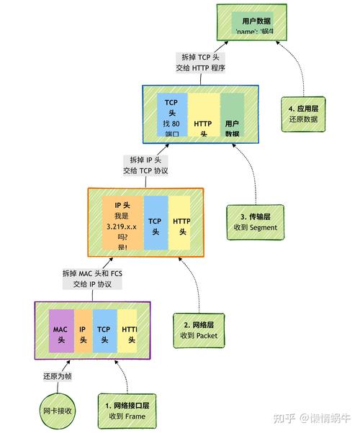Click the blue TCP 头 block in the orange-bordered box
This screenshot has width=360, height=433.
pos(155,222)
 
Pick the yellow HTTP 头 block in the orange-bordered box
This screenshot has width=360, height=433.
pos(180,222)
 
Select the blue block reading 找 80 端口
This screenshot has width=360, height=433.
pos(171,114)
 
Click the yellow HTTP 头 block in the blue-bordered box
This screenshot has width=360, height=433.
pos(204,115)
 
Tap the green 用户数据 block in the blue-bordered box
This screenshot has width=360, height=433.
pos(232,115)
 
